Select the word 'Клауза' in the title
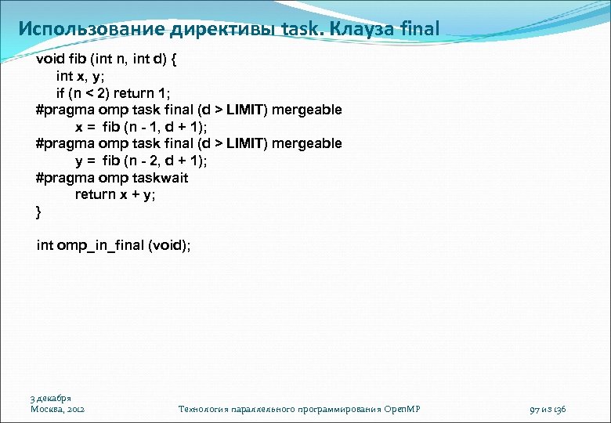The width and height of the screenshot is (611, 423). click(x=365, y=29)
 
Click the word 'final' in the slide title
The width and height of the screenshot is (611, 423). click(x=420, y=29)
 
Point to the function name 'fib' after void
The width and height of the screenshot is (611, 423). click(x=78, y=59)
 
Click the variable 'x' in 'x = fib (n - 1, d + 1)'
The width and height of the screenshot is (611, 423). click(x=79, y=127)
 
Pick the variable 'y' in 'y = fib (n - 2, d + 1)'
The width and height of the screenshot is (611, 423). click(x=79, y=161)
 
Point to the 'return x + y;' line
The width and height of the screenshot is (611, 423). click(x=115, y=194)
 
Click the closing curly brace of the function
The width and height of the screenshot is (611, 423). click(x=39, y=211)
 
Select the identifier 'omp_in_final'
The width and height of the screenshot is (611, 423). click(x=100, y=245)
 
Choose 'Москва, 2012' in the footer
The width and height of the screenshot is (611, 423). click(x=58, y=409)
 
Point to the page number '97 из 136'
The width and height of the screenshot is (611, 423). click(x=548, y=409)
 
